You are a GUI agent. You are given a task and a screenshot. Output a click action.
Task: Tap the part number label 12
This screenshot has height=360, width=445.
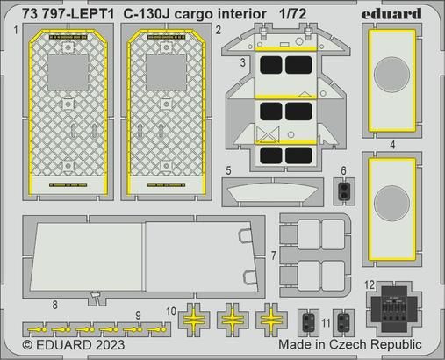[370, 284]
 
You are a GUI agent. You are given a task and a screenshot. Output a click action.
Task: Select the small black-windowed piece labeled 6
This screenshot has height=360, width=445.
[344, 188]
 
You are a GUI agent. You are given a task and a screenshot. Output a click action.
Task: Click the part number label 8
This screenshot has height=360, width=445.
[54, 304]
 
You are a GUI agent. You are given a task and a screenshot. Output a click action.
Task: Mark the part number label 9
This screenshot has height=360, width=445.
[138, 315]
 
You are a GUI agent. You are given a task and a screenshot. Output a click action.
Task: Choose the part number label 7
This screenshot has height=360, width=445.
[274, 255]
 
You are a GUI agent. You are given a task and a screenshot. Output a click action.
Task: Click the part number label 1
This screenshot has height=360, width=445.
[17, 30]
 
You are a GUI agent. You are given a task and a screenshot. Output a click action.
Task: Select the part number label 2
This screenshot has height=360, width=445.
[218, 30]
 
